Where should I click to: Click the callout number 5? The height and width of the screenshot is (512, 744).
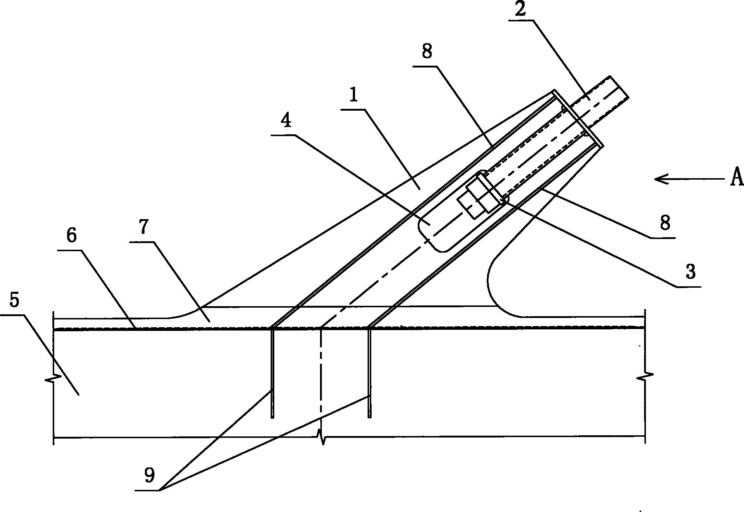[14, 300]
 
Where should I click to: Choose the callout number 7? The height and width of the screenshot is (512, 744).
[144, 228]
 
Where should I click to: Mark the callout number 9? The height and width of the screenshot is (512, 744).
[149, 476]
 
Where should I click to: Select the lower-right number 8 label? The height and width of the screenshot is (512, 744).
[665, 223]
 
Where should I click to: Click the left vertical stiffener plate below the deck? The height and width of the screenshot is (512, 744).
[272, 373]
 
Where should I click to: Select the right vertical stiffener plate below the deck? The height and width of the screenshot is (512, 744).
[369, 373]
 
